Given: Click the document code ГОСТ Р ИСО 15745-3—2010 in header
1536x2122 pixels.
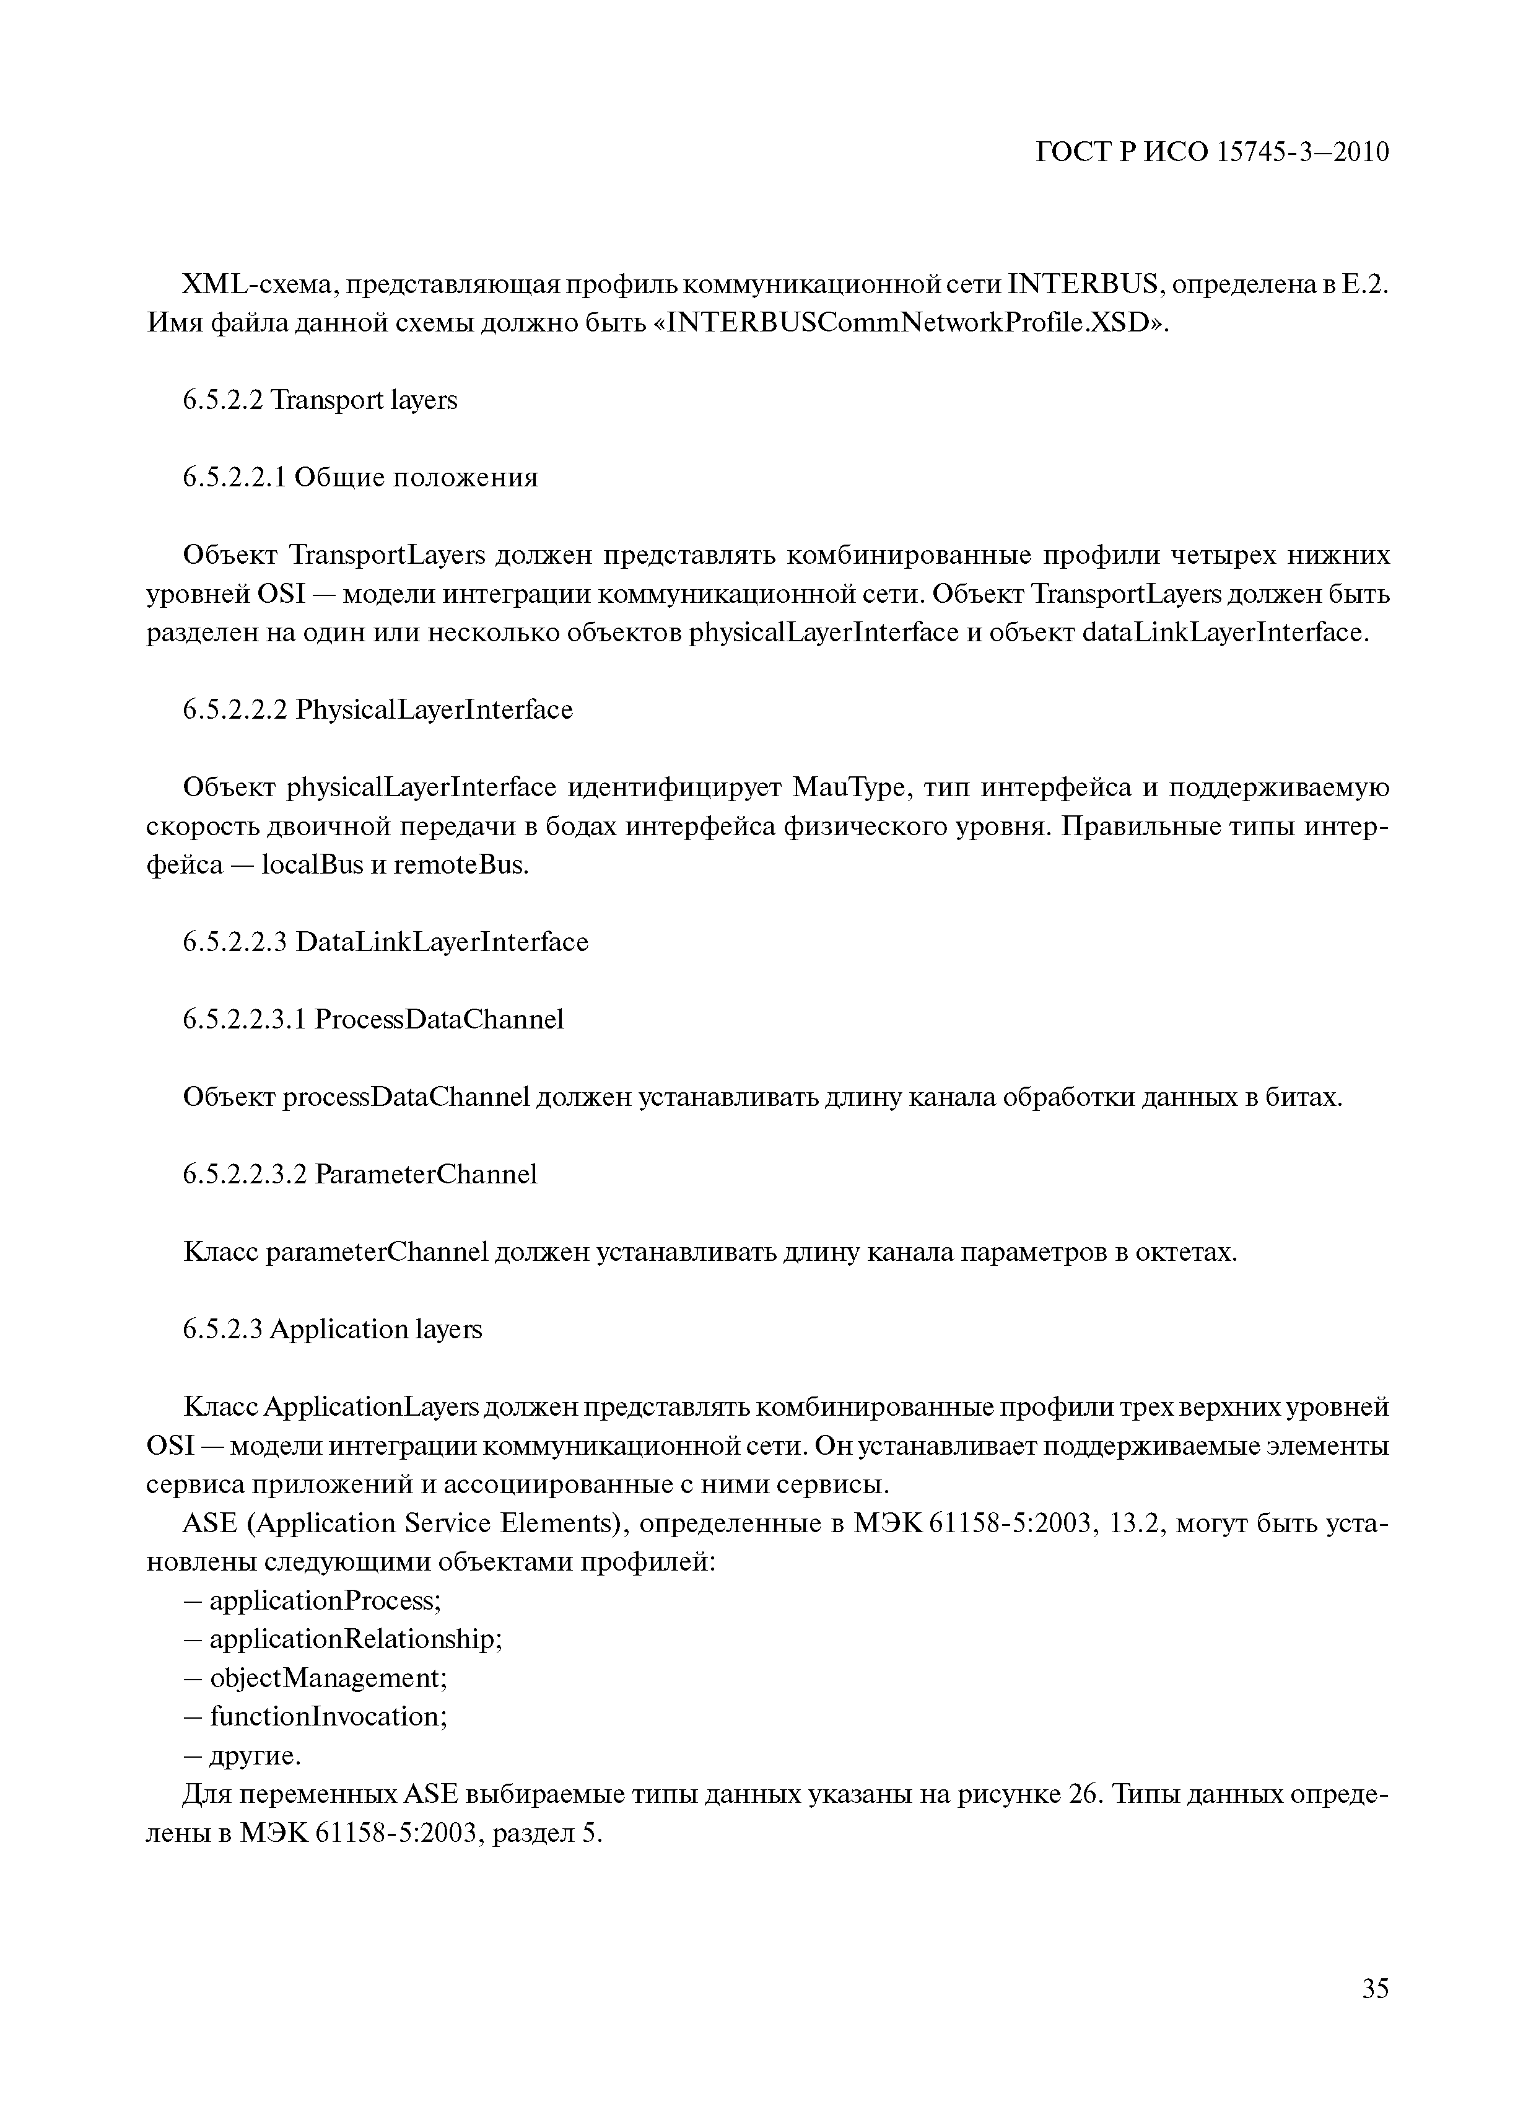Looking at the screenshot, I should [1212, 152].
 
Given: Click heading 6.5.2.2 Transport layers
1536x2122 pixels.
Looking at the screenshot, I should [320, 400].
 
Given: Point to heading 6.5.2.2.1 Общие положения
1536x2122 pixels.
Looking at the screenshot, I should [360, 478].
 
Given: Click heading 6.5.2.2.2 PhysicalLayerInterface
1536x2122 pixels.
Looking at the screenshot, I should [377, 710].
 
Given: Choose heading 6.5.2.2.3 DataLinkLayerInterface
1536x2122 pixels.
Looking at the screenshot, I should [385, 942].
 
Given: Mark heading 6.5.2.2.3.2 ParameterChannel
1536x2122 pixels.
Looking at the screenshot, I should [360, 1174].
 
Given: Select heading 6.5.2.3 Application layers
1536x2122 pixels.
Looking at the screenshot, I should [332, 1330].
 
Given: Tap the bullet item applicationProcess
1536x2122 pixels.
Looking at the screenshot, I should [323, 1601].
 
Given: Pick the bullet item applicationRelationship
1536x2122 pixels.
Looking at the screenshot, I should [354, 1639].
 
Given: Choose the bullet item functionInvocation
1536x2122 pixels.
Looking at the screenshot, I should [326, 1717].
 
